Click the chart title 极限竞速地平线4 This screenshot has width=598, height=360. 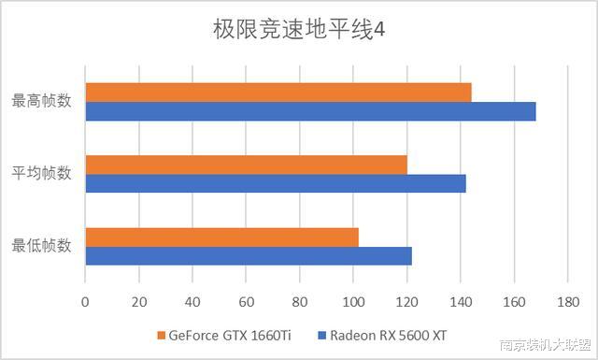(x=298, y=30)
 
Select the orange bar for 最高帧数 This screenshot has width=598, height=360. (x=278, y=92)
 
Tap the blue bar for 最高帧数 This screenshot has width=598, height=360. (x=310, y=111)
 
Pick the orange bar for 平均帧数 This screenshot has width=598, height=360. (x=246, y=165)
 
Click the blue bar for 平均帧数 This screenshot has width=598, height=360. (x=276, y=183)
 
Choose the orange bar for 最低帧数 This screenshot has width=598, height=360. (x=221, y=237)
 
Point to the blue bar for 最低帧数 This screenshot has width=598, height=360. (x=249, y=255)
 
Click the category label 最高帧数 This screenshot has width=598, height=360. (x=41, y=101)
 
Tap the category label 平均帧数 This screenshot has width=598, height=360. (x=41, y=173)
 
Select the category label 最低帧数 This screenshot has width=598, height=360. (x=41, y=246)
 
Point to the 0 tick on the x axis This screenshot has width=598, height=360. (x=85, y=302)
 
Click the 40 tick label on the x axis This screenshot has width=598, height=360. (x=192, y=302)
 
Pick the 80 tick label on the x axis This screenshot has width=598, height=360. (x=300, y=302)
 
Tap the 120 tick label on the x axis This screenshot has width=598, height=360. (x=406, y=302)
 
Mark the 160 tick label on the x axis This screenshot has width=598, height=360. (x=514, y=302)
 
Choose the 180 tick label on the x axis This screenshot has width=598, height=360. (x=567, y=302)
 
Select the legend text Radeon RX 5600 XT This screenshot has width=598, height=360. (x=394, y=335)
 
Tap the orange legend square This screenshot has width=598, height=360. (x=162, y=335)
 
